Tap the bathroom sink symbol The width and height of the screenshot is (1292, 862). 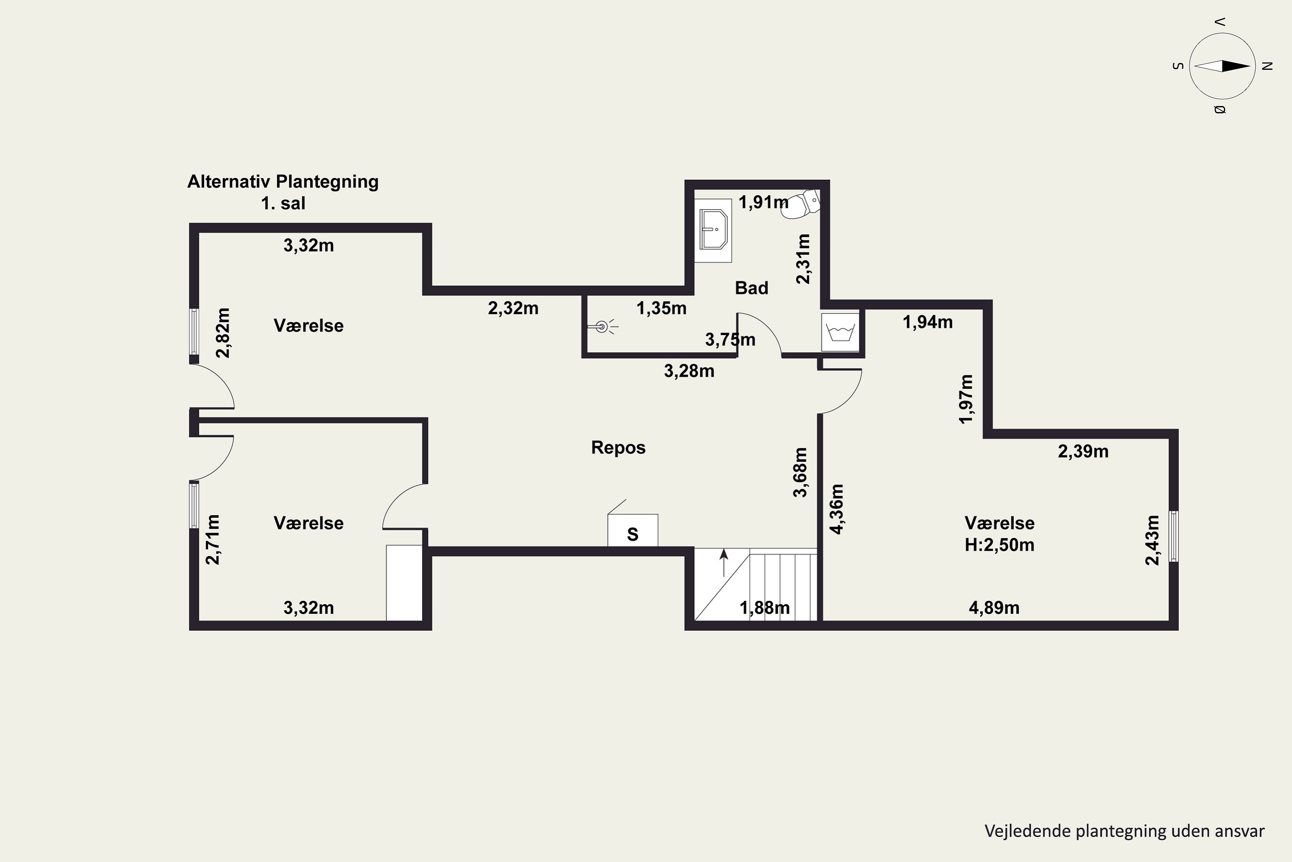click(x=713, y=230)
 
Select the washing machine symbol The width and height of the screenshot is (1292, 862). click(x=840, y=332)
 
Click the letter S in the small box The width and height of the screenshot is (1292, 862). click(x=632, y=534)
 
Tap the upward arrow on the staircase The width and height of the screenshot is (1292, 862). click(x=724, y=562)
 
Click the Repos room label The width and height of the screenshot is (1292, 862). click(x=618, y=447)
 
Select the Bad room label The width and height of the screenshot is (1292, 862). click(x=752, y=287)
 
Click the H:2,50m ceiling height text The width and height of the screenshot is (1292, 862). click(x=999, y=545)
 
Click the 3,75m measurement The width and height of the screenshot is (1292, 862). click(x=730, y=340)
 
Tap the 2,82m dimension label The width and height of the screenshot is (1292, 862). click(x=223, y=333)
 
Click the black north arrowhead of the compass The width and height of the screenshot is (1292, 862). click(x=1236, y=66)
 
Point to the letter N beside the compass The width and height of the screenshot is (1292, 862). click(x=1268, y=66)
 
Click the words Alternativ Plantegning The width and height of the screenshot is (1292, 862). click(x=283, y=181)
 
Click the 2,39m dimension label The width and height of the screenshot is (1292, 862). click(x=1083, y=451)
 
